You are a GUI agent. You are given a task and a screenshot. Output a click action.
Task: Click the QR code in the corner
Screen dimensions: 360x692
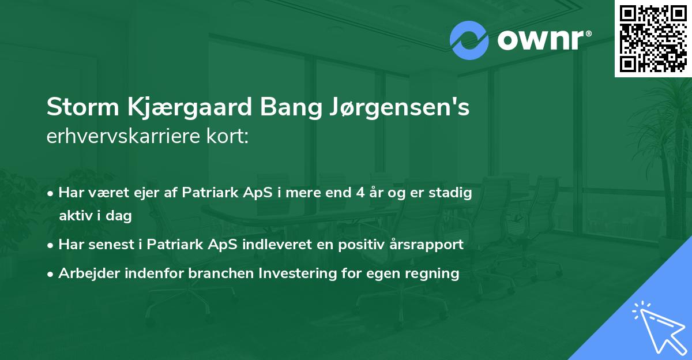tap(653, 39)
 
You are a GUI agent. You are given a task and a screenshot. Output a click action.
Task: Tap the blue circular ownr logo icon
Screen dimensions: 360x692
tap(469, 40)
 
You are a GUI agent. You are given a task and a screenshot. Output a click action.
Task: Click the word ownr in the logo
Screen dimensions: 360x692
tap(543, 40)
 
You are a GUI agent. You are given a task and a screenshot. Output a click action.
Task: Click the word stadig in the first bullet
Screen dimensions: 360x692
tap(452, 193)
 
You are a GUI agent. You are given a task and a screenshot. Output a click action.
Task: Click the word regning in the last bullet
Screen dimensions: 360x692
tap(433, 273)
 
